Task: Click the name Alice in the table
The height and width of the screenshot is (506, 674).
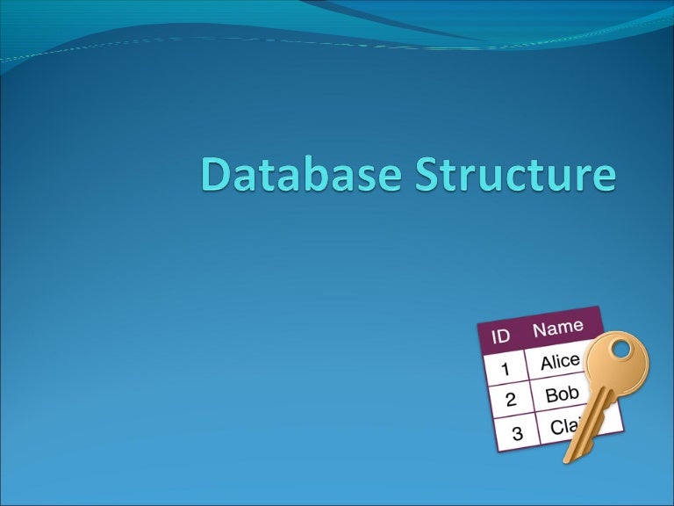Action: point(559,361)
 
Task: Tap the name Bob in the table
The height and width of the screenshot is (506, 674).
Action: point(562,394)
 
